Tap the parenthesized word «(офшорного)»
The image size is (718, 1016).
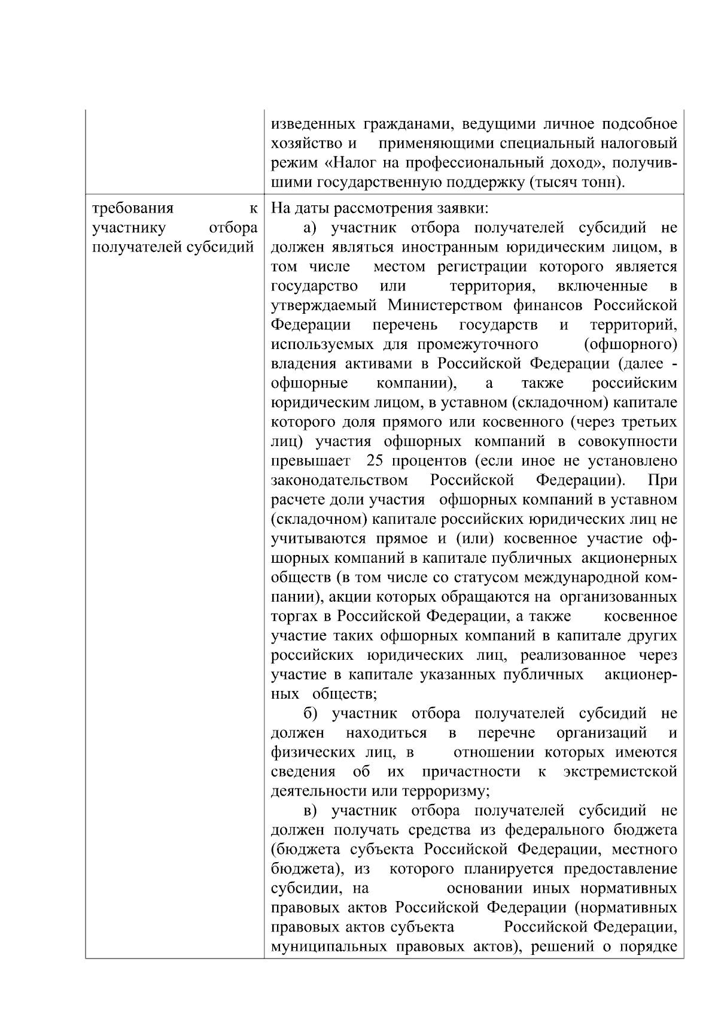630,344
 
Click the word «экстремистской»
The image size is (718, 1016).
620,772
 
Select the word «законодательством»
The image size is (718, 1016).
340,480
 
